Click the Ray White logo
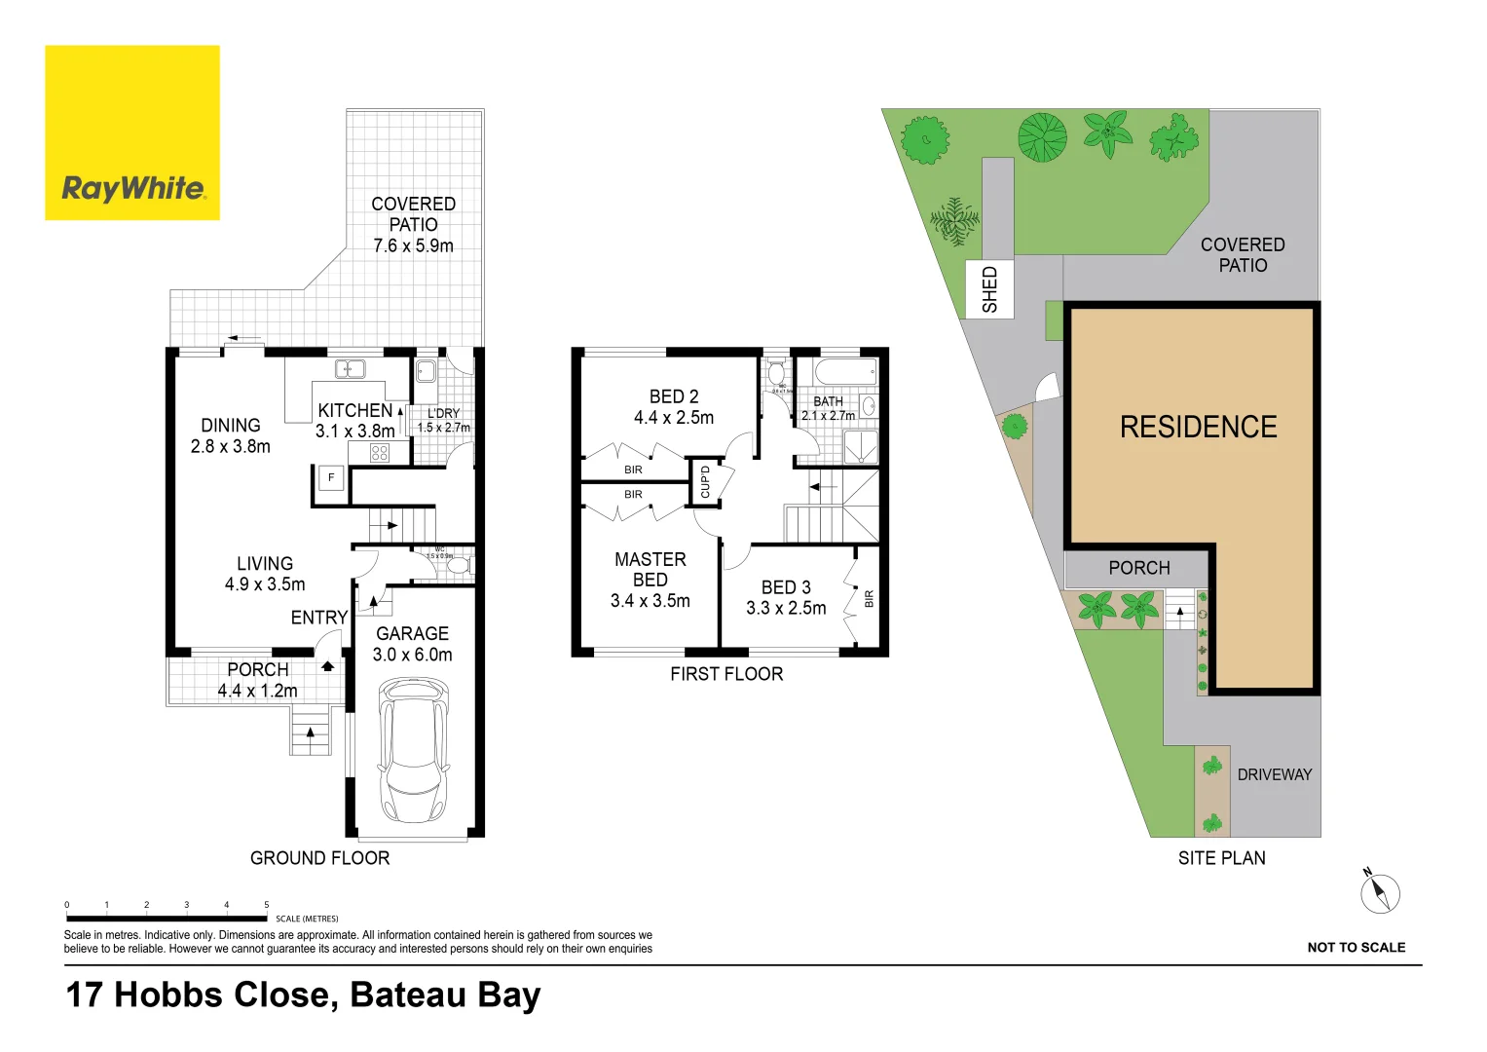tap(132, 133)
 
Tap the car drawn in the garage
tap(413, 750)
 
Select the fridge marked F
tap(331, 478)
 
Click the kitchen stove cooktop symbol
tap(380, 453)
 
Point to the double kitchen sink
tap(350, 369)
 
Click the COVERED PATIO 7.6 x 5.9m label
tap(413, 225)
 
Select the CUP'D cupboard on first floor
tap(705, 482)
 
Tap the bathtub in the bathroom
tap(844, 372)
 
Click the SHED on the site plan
tap(989, 289)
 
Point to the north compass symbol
tap(1379, 892)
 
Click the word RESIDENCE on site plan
tap(1198, 428)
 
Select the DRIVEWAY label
tap(1274, 775)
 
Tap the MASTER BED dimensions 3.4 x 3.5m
tap(650, 601)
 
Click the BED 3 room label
tap(786, 587)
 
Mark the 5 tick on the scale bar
tap(267, 906)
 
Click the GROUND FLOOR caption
tap(319, 858)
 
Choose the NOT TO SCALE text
tap(1356, 948)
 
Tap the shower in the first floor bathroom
tap(860, 448)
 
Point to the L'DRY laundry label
tap(443, 414)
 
